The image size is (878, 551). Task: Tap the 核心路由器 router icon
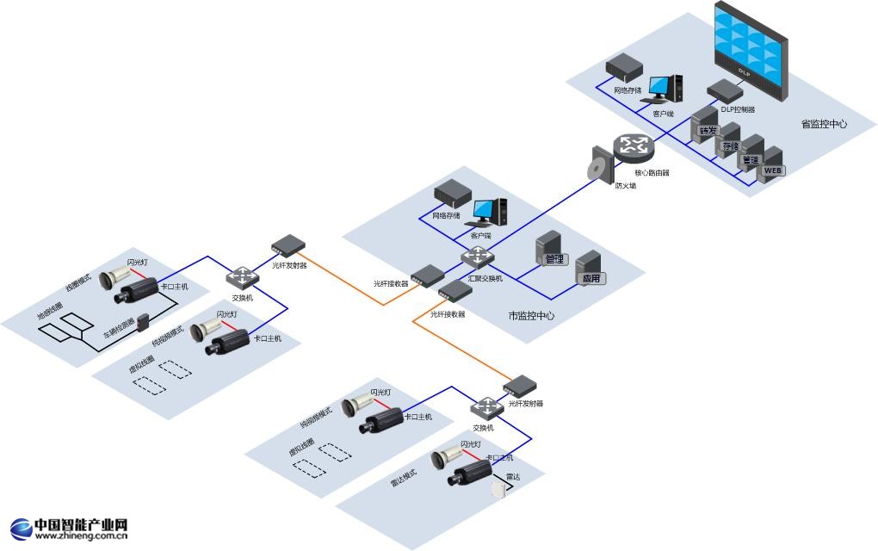(634, 147)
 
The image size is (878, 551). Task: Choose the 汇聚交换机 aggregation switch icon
(476, 257)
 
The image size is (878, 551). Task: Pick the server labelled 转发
(706, 125)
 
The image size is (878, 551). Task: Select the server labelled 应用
(590, 269)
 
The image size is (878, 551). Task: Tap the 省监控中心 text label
(824, 124)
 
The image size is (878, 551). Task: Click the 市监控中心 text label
(531, 316)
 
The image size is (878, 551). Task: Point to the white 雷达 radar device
(498, 489)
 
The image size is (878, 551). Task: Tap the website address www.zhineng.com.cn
(82, 536)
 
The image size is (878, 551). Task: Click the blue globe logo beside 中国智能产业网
(20, 528)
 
